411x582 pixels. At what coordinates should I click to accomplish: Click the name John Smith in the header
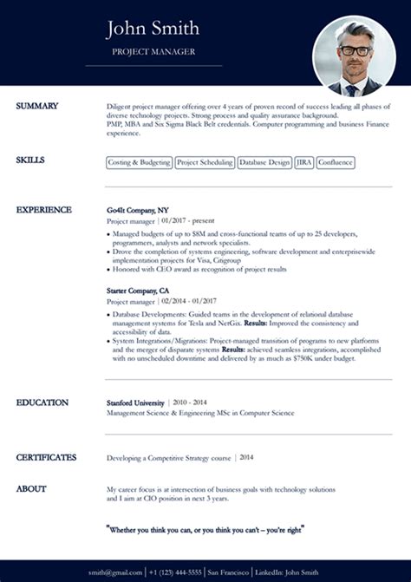coord(153,29)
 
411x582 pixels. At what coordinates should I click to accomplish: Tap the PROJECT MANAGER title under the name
coord(153,52)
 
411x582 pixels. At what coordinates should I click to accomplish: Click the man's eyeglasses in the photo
coord(353,51)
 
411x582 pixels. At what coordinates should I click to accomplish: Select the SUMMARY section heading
coord(37,106)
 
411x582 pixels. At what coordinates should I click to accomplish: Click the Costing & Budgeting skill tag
coord(139,162)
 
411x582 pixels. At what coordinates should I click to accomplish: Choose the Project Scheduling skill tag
coord(205,162)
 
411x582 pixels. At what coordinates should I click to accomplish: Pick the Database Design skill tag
coord(264,162)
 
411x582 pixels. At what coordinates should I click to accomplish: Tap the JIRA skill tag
coord(303,162)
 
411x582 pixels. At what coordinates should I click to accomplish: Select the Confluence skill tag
coord(336,162)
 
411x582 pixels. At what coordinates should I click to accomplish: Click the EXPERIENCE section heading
coord(43,210)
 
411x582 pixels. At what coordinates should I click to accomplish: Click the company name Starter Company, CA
coord(138,291)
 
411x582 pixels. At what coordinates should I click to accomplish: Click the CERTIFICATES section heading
coord(46,457)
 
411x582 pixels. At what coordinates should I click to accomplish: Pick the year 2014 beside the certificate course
coord(246,457)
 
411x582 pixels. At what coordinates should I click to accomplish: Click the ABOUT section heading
coord(31,489)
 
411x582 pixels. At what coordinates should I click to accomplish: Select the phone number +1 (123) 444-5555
coord(176,572)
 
